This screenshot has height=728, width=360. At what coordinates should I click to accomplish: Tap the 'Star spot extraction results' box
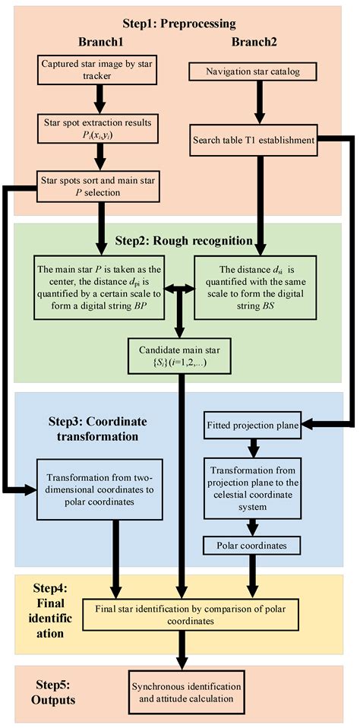(x=99, y=128)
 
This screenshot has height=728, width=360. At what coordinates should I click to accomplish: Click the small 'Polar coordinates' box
(x=254, y=546)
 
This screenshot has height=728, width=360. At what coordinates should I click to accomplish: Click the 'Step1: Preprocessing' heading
(x=179, y=24)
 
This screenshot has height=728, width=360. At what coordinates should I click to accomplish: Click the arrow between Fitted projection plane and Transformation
(x=254, y=446)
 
